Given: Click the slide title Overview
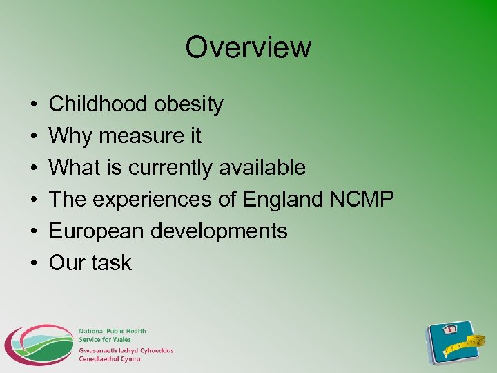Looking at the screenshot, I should (248, 48).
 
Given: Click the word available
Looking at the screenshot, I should (262, 168).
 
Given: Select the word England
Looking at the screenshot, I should (283, 200).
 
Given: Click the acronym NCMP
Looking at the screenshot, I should (361, 200).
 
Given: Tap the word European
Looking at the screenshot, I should (97, 231).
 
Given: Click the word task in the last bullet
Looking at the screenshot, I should (110, 262).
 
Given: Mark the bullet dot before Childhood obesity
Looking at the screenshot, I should (33, 105).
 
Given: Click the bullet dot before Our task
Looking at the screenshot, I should (33, 263).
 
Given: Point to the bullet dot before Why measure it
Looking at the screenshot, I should (33, 137).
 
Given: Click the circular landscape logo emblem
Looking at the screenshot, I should (39, 344).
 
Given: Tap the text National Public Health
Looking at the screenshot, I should (112, 332).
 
